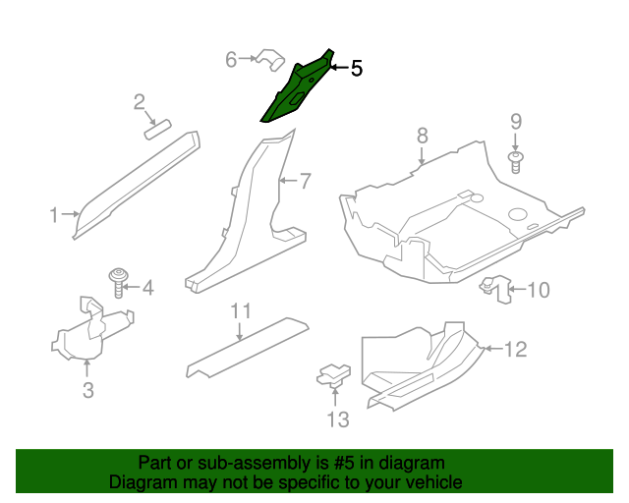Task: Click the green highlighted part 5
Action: (297, 88)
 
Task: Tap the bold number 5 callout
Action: (357, 68)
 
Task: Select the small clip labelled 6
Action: (270, 60)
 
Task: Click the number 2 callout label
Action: (140, 102)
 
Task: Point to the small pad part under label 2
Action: (157, 130)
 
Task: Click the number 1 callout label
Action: (54, 215)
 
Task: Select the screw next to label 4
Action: (119, 282)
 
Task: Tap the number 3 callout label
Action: (88, 390)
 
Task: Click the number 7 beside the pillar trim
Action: (306, 181)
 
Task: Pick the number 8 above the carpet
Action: (423, 136)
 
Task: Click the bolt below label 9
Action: (516, 162)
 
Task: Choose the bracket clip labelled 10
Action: (495, 289)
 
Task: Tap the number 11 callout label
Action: (241, 310)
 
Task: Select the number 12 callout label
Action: (515, 350)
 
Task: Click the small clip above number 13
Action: (334, 375)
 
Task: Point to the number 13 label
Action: (338, 419)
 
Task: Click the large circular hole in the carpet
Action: (518, 214)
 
